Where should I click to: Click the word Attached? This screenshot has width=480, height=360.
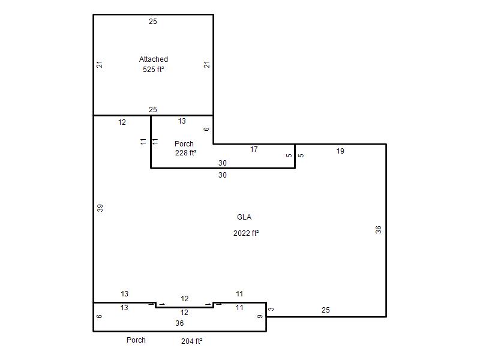tap(154, 59)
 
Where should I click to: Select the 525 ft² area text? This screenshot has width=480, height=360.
tap(153, 70)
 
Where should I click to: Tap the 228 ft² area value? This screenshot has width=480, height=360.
tap(185, 153)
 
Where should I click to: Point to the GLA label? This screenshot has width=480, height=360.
tap(244, 217)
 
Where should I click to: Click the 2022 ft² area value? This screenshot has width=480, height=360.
tap(246, 233)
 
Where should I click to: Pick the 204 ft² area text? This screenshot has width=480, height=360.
tap(191, 341)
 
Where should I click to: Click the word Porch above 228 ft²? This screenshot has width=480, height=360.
tap(184, 143)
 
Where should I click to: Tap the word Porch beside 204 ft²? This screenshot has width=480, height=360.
tap(136, 340)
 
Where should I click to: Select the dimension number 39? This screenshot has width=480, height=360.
tap(100, 208)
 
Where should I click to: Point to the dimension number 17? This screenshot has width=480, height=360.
tap(254, 149)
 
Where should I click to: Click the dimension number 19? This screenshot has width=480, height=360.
tap(340, 151)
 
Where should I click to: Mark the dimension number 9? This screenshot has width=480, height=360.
tap(260, 317)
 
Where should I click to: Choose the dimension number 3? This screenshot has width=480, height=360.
tap(271, 309)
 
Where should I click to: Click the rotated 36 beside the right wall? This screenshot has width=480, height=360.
tap(378, 230)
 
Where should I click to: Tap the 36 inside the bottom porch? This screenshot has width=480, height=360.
tap(179, 323)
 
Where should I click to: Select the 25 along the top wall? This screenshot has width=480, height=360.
tap(153, 22)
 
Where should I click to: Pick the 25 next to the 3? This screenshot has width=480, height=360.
tap(325, 310)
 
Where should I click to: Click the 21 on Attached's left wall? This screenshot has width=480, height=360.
tap(100, 65)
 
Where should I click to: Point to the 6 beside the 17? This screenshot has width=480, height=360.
tap(206, 129)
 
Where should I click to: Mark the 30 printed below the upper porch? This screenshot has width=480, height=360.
tap(223, 175)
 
